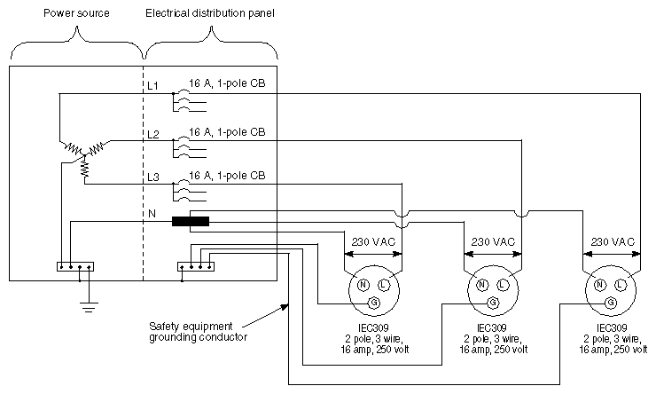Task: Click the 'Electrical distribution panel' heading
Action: click(210, 15)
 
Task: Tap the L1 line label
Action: click(152, 85)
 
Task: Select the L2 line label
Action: click(152, 134)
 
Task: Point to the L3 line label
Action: click(152, 178)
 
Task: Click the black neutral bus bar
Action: click(190, 221)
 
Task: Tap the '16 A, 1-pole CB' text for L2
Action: click(226, 131)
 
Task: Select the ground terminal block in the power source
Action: click(74, 265)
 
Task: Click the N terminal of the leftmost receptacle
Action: click(363, 284)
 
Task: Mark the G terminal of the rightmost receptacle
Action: click(611, 303)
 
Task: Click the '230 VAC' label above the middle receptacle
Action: click(492, 241)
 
